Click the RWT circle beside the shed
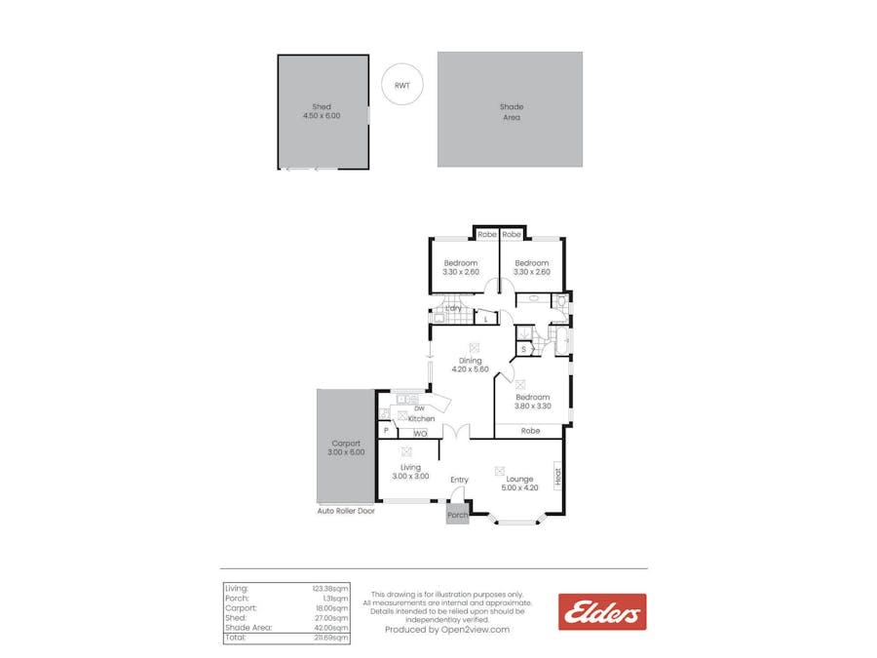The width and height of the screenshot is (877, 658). [401, 86]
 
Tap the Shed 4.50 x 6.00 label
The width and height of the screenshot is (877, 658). [322, 111]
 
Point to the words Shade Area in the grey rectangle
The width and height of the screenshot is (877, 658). [511, 112]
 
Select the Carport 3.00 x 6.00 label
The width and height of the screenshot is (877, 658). [346, 447]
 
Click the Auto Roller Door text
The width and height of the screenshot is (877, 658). [346, 511]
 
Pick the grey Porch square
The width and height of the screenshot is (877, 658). [457, 514]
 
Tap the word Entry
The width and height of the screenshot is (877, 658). [459, 480]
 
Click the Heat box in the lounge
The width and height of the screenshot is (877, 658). [558, 477]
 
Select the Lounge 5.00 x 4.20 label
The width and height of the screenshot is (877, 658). [518, 484]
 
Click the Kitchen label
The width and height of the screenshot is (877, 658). [421, 419]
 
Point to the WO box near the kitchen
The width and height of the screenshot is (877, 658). [420, 433]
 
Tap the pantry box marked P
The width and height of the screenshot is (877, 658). [386, 431]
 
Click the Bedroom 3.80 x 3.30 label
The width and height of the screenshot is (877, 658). [533, 402]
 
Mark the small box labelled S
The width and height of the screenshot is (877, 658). [523, 349]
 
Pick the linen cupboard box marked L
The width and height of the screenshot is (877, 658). [485, 319]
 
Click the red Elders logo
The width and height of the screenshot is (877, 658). [601, 612]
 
